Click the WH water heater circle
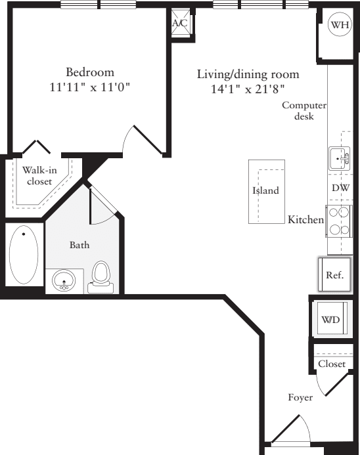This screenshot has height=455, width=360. point(339,25)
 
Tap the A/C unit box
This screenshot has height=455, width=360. point(179,24)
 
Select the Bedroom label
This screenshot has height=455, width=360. point(89,72)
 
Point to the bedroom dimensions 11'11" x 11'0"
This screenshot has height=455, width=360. point(89,87)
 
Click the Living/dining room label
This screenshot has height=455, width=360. point(248,74)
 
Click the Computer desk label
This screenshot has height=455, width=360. point(304,111)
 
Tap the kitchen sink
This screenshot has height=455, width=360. point(340,158)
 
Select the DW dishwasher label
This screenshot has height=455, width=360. point(340,188)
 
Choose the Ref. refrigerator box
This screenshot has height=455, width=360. point(335,274)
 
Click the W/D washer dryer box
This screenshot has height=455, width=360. point(330,320)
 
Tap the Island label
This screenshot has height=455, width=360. point(266,191)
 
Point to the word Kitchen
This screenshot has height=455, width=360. point(305,219)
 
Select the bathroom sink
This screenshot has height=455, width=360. point(64,282)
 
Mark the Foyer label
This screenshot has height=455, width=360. point(300,397)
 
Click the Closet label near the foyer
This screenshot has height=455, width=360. point(331,364)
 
